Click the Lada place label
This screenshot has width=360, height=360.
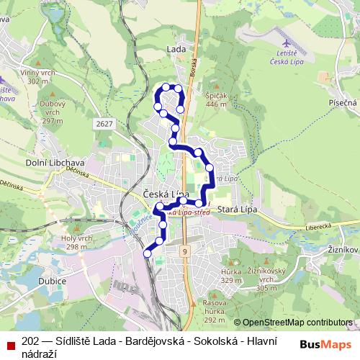click(176, 49)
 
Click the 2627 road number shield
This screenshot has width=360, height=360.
click(104, 124)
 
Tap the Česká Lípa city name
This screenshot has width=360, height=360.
click(166, 194)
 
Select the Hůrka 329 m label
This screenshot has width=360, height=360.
click(231, 276)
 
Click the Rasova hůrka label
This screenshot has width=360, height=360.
click(215, 310)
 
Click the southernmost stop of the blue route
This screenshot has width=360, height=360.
click(148, 253)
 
